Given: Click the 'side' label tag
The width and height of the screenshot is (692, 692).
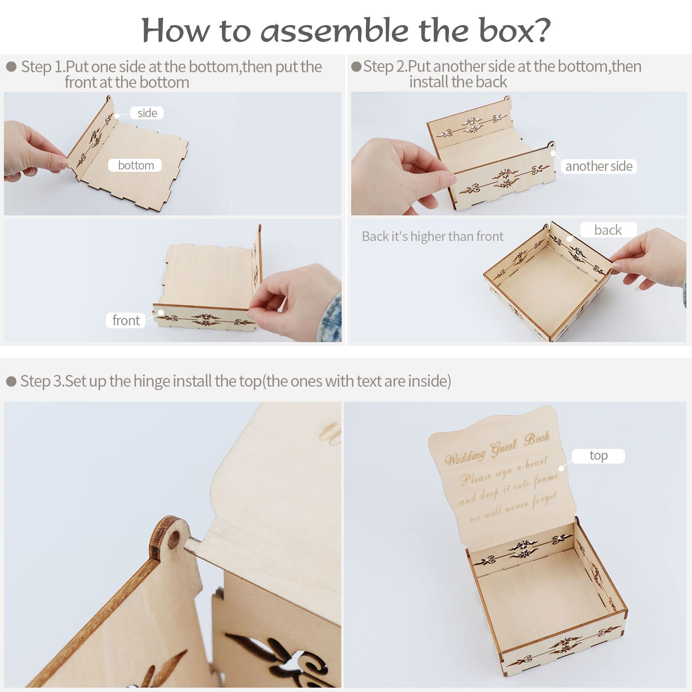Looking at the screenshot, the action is (x=147, y=113).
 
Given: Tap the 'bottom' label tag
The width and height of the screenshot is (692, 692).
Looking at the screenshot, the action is (x=135, y=165).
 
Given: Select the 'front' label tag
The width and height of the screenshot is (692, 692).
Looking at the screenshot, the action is (x=126, y=320).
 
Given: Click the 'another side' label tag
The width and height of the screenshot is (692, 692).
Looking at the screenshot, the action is (x=599, y=166).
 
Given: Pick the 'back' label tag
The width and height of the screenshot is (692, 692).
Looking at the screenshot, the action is (x=608, y=230).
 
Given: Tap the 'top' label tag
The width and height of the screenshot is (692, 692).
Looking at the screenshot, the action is (x=598, y=456).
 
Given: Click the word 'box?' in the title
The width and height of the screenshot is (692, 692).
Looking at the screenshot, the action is (x=514, y=30).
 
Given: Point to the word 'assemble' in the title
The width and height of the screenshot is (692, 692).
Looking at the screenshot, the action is (x=334, y=31).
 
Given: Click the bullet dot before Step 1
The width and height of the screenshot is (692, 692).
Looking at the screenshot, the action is (x=11, y=67).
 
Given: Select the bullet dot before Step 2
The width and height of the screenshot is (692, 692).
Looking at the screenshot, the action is (x=356, y=67).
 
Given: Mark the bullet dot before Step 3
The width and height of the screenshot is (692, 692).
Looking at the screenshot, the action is (x=11, y=381).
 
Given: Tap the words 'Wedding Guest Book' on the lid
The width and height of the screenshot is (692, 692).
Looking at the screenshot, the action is (x=497, y=449).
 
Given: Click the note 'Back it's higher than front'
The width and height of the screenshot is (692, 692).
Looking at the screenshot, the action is (x=432, y=236).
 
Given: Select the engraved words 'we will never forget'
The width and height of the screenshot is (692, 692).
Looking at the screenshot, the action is (x=513, y=507).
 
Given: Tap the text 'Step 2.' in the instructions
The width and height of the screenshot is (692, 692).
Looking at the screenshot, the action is (x=385, y=66).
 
